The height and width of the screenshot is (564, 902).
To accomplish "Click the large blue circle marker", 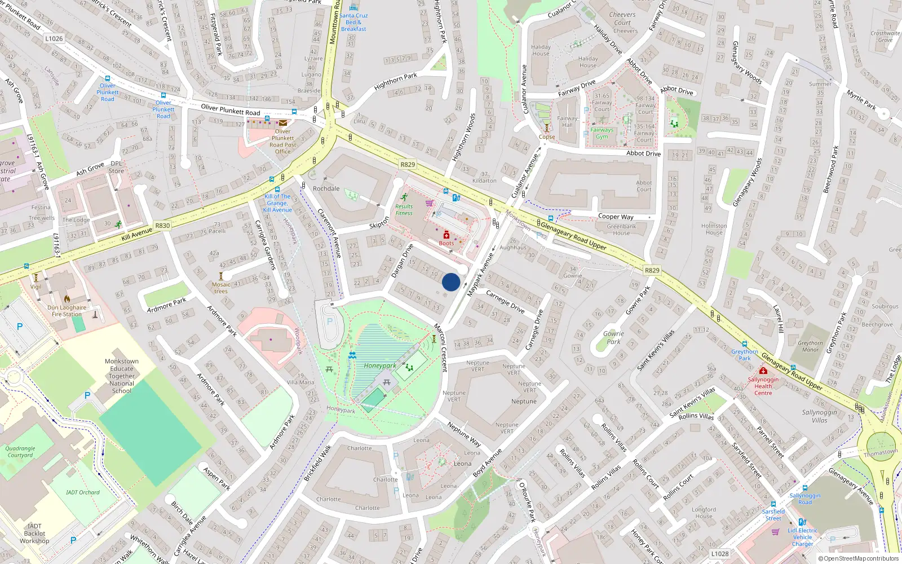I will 451,282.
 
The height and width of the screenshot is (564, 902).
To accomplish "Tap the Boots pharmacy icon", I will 446,235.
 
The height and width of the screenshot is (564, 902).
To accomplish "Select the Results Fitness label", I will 404,210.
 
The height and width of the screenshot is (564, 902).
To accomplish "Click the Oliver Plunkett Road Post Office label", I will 282,142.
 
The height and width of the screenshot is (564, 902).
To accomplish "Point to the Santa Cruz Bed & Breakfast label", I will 353,23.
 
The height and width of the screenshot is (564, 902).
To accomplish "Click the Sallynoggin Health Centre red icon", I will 763,371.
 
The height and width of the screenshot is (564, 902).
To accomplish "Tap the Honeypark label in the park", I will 379,365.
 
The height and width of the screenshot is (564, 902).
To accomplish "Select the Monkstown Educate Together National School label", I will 121,376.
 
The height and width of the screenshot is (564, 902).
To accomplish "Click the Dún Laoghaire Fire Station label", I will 67,311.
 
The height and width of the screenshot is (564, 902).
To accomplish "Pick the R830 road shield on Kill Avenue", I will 162,226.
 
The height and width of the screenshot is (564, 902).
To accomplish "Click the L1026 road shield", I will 54,38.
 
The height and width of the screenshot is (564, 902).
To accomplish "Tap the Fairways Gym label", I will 602,133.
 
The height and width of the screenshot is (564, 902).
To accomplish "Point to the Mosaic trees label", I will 221,288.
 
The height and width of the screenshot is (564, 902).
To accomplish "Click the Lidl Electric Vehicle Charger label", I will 802,537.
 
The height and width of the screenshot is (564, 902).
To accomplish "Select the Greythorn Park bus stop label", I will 745,355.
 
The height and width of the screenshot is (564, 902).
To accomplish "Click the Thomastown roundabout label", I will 881,453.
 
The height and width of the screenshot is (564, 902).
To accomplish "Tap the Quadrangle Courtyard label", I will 20,452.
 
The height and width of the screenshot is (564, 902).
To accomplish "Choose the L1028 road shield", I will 719,554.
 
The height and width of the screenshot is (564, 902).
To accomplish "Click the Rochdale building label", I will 326,188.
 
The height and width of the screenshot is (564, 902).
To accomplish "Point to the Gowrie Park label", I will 613,337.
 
